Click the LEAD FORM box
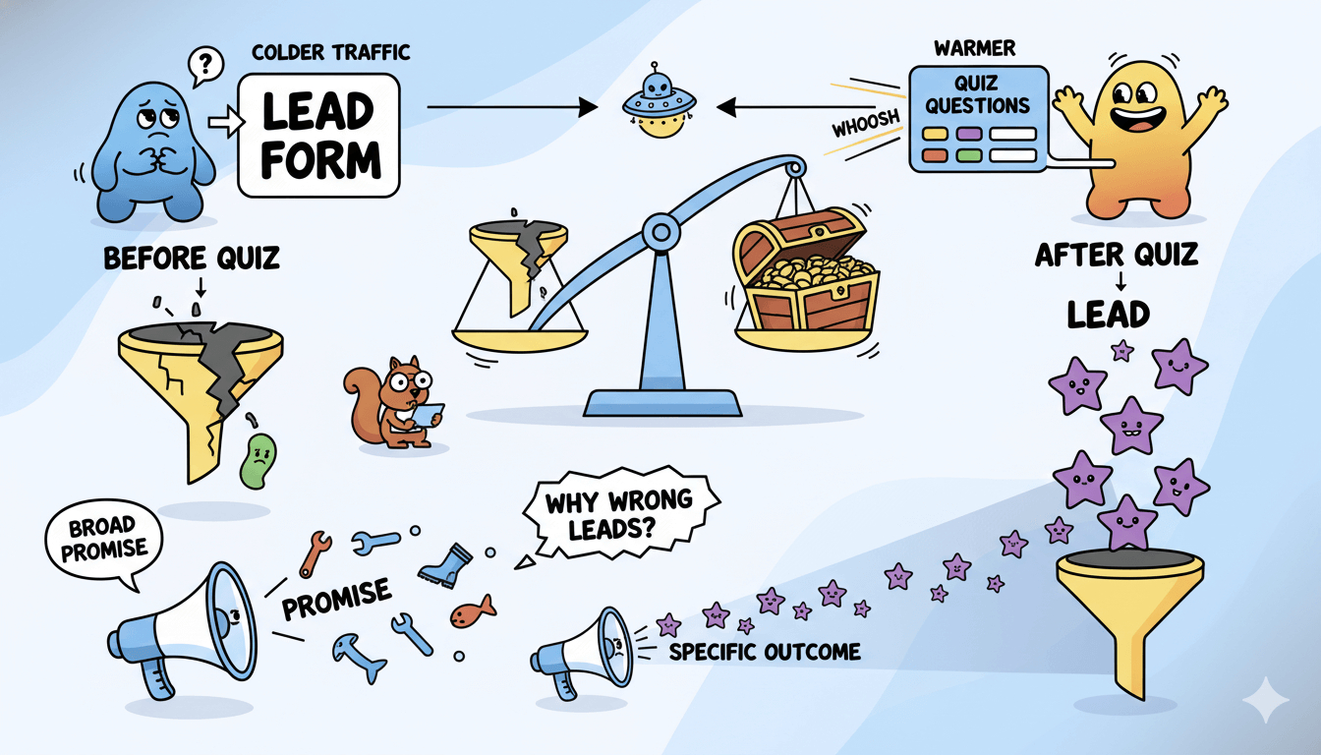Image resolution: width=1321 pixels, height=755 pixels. (x=318, y=137)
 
